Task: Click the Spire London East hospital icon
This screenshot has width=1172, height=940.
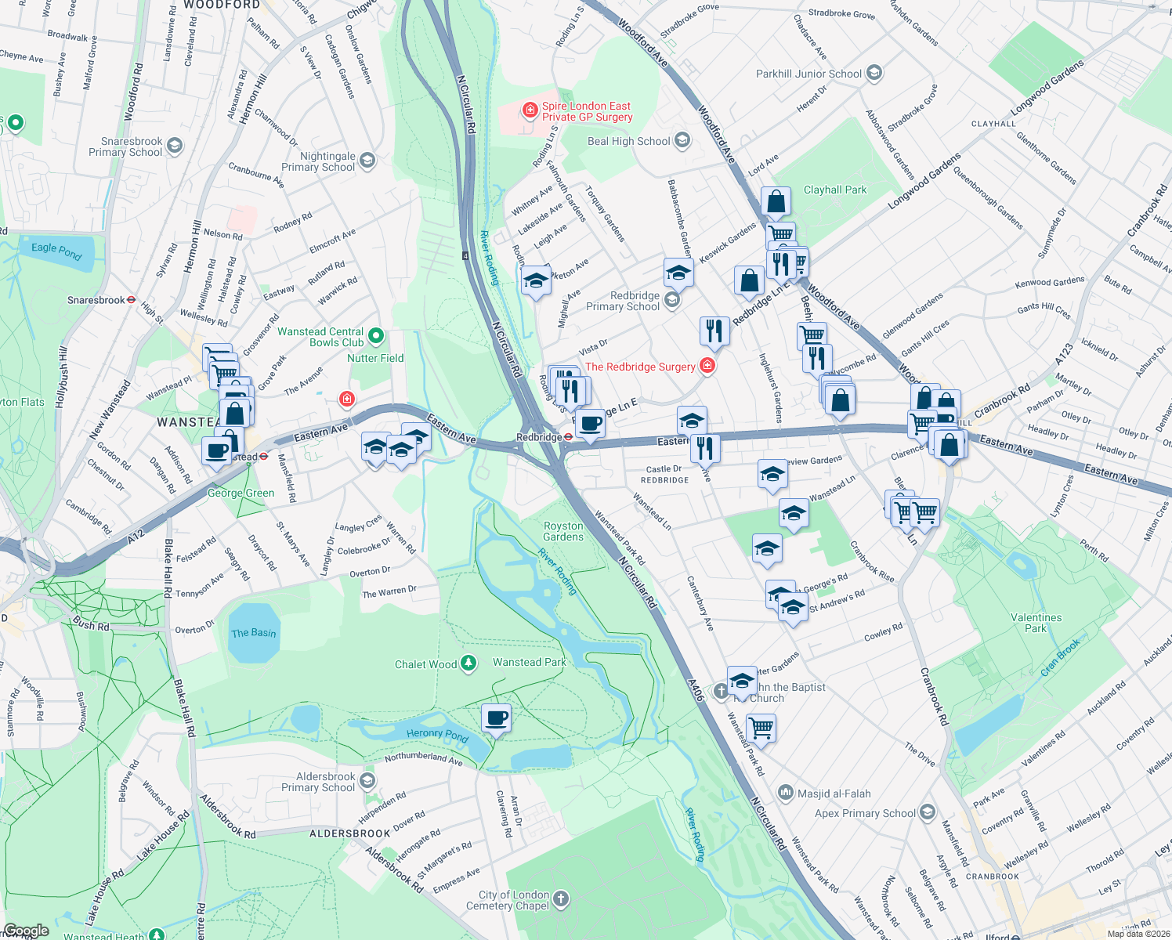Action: tap(530, 110)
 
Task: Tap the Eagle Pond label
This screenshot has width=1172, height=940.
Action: tap(56, 251)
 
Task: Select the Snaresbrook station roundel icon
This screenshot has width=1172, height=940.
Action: tap(132, 300)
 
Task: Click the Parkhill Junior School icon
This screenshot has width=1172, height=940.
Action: tap(874, 74)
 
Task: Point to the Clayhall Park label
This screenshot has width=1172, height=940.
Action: tap(835, 190)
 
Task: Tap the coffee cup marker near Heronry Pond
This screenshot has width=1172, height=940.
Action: tap(497, 718)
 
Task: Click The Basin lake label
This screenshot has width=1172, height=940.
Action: tap(253, 633)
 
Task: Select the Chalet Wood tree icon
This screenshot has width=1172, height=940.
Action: tap(468, 664)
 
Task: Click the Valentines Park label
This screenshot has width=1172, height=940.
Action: tap(1036, 623)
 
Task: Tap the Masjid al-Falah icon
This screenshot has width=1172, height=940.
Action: tap(785, 794)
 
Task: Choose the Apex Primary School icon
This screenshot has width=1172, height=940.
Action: tap(928, 812)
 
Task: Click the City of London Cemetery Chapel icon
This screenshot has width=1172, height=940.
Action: tap(560, 899)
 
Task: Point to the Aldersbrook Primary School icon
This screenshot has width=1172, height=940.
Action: tap(367, 781)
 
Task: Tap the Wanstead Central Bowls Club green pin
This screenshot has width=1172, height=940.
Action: tap(376, 337)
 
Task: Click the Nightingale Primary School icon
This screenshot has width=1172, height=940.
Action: tap(367, 161)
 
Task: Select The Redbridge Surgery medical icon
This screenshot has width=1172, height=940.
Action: tap(707, 366)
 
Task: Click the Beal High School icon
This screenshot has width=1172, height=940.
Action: tap(682, 141)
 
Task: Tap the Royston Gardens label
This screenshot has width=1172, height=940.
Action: tap(563, 531)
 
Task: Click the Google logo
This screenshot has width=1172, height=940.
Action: tap(26, 931)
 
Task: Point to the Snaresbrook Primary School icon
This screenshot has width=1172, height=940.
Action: tap(175, 146)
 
